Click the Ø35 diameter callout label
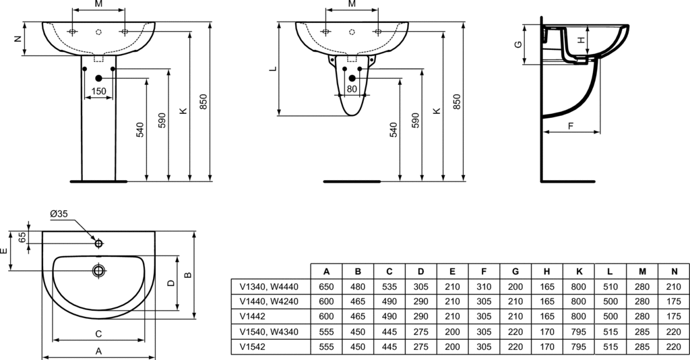(x=59, y=214)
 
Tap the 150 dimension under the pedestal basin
(x=98, y=91)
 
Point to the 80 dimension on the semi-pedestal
(x=352, y=89)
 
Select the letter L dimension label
(x=272, y=69)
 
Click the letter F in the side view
(x=570, y=125)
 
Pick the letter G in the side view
(x=517, y=45)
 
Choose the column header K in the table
(x=578, y=271)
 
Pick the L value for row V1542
(x=610, y=345)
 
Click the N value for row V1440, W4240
(x=672, y=300)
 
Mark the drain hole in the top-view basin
(x=99, y=271)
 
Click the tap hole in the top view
(x=99, y=243)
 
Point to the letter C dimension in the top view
(x=98, y=334)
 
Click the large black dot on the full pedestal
(x=98, y=78)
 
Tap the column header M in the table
(x=641, y=271)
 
